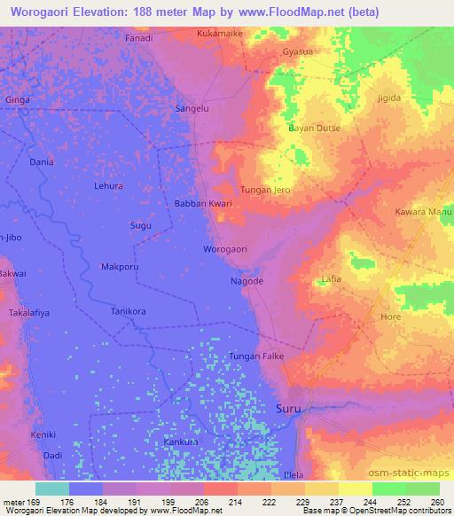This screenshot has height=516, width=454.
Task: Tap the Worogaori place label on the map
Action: click(x=225, y=249)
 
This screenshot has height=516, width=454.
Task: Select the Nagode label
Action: click(x=247, y=281)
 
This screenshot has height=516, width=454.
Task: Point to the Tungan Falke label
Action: click(x=256, y=356)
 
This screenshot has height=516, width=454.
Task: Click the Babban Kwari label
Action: click(x=202, y=203)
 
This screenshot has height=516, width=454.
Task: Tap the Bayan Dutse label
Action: click(x=314, y=128)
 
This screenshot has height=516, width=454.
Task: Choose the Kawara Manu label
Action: click(x=424, y=213)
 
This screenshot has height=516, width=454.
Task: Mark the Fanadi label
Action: click(x=138, y=38)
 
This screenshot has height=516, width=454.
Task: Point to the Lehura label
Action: click(x=108, y=185)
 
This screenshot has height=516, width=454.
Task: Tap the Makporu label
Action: click(x=120, y=267)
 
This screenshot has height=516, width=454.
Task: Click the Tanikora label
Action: click(x=127, y=312)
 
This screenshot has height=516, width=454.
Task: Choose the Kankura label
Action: click(x=181, y=441)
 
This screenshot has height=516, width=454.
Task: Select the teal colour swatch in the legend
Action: click(x=52, y=488)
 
